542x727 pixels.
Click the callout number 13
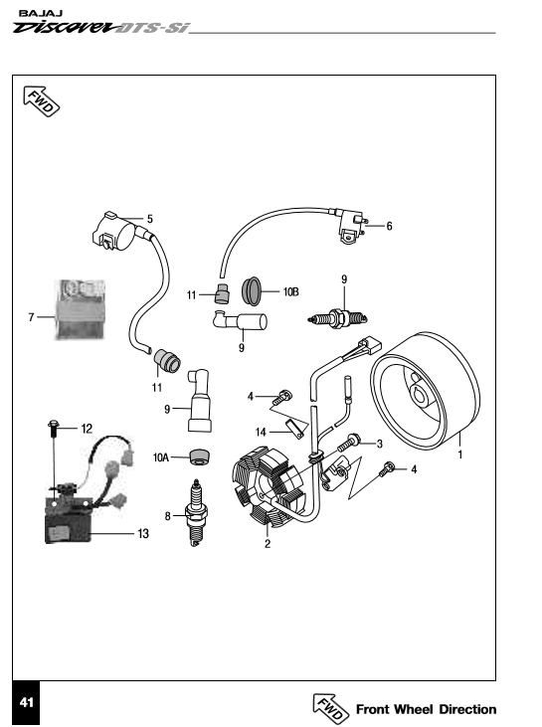coord(143,534)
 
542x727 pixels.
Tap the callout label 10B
coord(290,292)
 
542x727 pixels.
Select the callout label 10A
coord(161,457)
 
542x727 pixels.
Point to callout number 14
coord(261,432)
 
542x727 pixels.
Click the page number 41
coord(27,702)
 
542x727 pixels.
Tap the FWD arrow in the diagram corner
coord(41,100)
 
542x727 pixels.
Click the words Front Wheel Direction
coord(426,709)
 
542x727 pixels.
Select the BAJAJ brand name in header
coord(41,14)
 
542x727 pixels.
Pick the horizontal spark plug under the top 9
coord(337,318)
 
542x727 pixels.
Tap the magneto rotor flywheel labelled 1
coord(426,391)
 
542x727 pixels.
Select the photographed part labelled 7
coord(81,309)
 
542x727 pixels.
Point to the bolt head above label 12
coord(53,424)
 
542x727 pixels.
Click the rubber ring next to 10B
coord(252,291)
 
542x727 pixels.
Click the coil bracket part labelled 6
coord(351,227)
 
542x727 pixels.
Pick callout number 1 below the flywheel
coord(459,454)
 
